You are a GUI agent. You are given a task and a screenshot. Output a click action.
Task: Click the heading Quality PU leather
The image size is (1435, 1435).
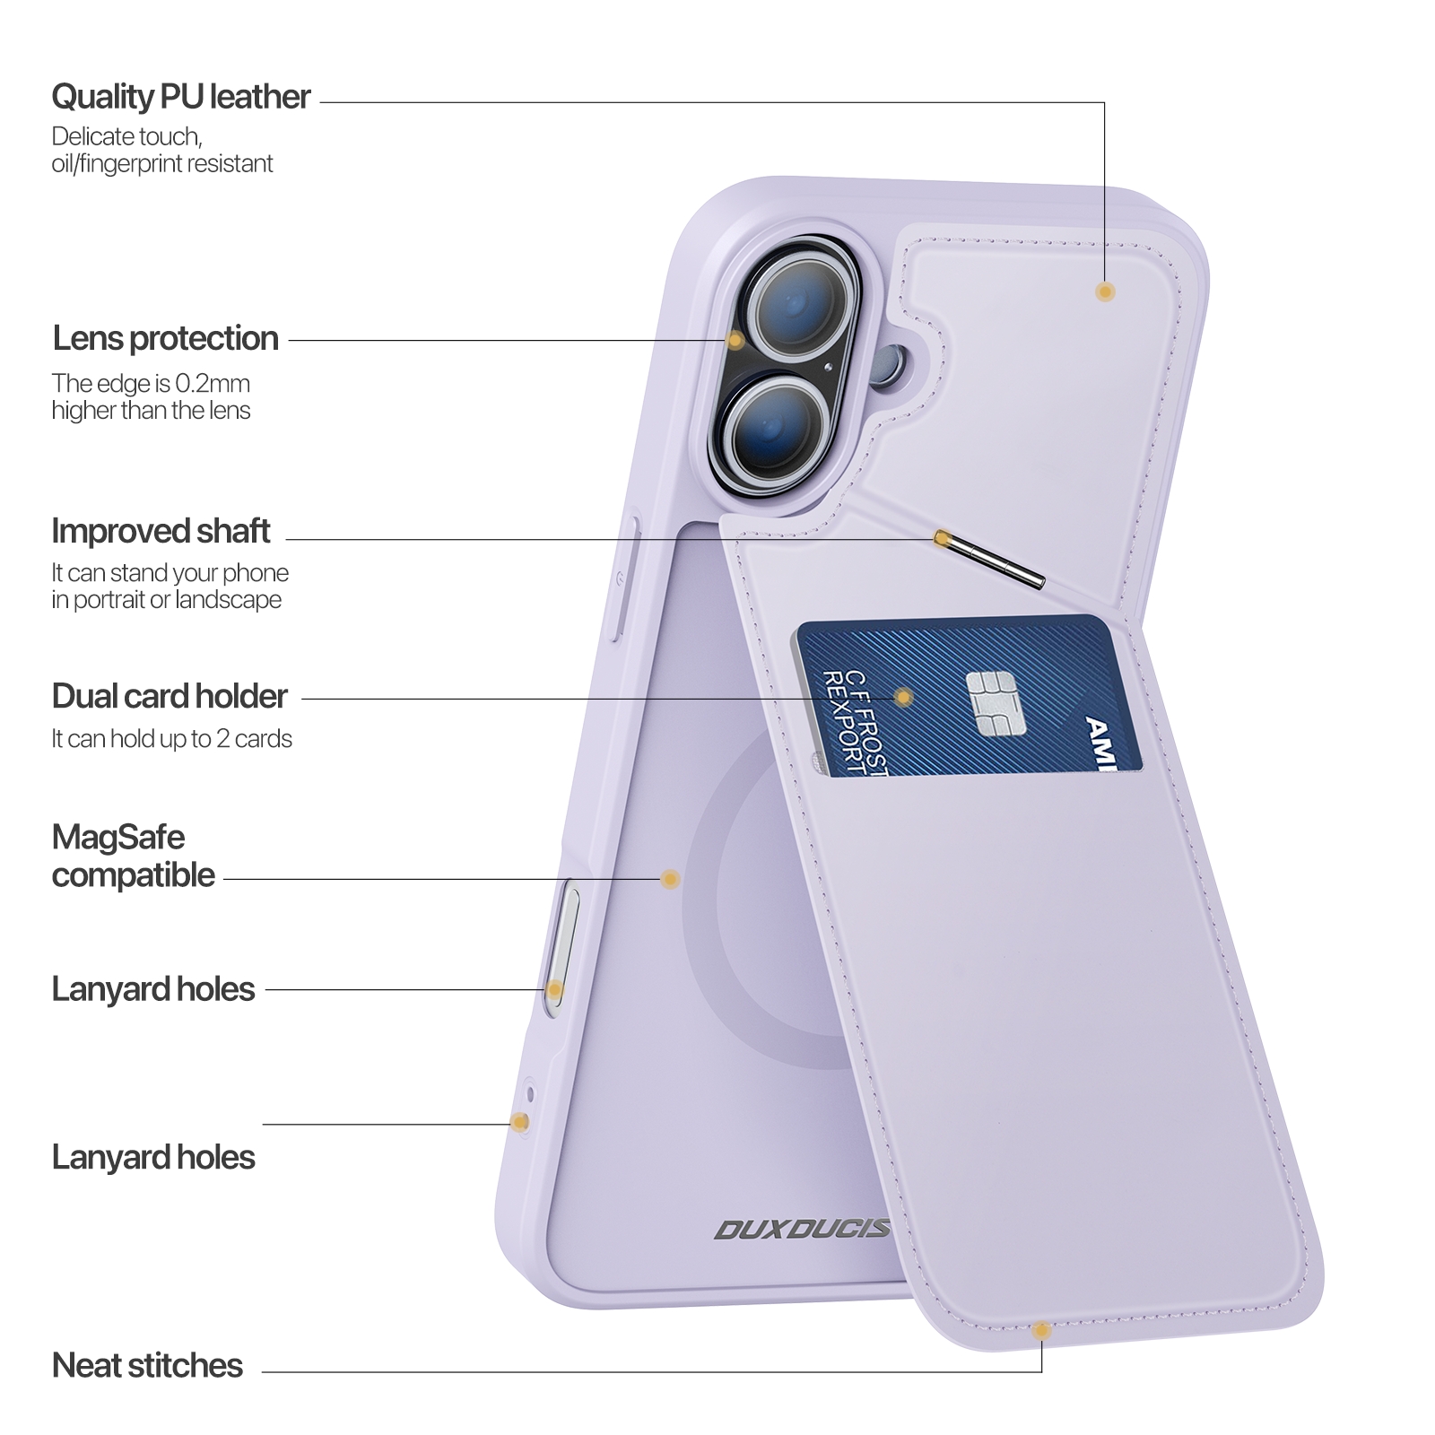pyautogui.click(x=180, y=97)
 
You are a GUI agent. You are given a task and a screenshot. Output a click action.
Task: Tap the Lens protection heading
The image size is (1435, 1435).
pyautogui.click(x=165, y=339)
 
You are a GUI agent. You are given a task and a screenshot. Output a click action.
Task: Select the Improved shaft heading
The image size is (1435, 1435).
pyautogui.click(x=161, y=531)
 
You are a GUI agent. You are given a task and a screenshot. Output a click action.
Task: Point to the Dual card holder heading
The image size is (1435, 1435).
pyautogui.click(x=170, y=696)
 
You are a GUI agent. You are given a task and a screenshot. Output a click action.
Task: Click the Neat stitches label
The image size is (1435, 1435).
pyautogui.click(x=147, y=1365)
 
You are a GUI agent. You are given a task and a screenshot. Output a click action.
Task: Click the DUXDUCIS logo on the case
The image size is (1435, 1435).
pyautogui.click(x=801, y=1229)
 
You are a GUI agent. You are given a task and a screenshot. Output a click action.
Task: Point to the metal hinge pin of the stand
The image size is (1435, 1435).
pyautogui.click(x=991, y=561)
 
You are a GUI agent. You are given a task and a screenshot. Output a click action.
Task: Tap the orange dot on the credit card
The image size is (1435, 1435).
pyautogui.click(x=904, y=697)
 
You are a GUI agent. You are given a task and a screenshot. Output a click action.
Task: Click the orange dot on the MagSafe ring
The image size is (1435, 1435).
pyautogui.click(x=669, y=879)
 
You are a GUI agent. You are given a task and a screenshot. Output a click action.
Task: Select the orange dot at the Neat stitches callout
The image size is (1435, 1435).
pyautogui.click(x=1041, y=1331)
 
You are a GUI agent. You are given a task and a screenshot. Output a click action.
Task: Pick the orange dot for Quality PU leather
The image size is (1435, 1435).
pyautogui.click(x=1105, y=291)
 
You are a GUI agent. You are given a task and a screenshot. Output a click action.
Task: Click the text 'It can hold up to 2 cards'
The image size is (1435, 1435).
pyautogui.click(x=171, y=739)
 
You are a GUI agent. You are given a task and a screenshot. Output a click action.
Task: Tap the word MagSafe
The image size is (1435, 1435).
pyautogui.click(x=118, y=838)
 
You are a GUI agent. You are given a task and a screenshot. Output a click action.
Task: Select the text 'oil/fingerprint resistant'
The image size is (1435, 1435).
pyautogui.click(x=161, y=164)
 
